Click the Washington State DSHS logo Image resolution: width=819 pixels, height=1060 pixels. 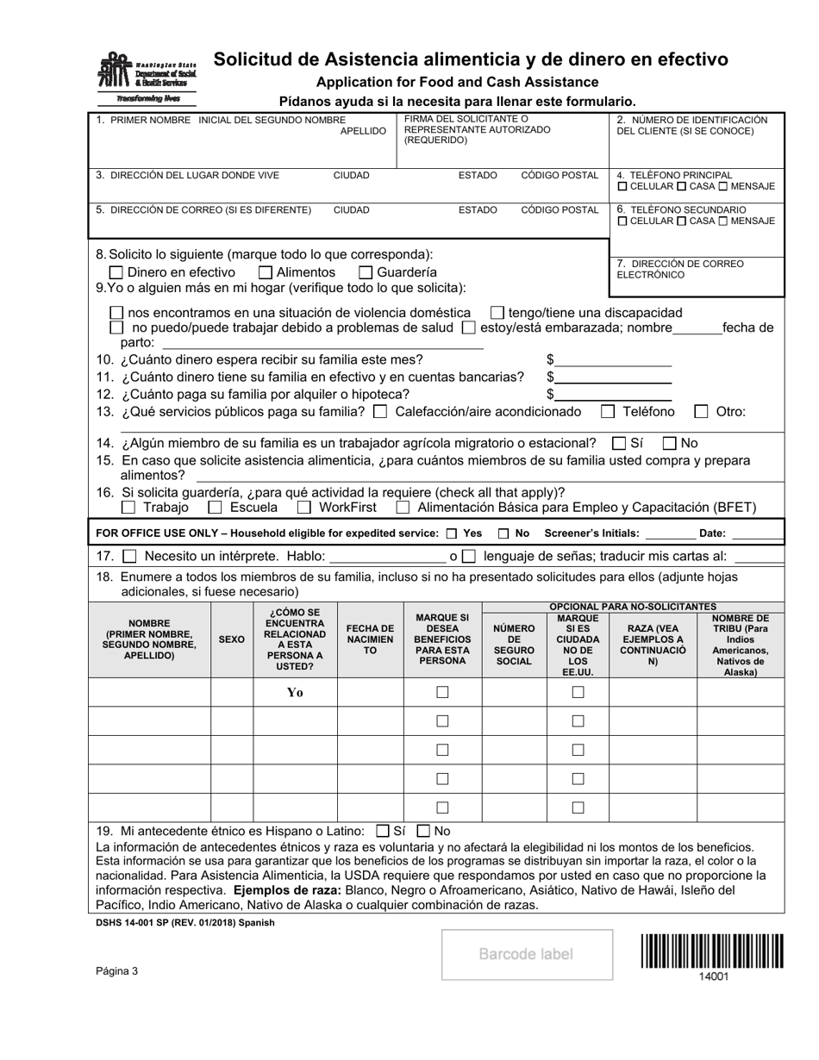(147, 74)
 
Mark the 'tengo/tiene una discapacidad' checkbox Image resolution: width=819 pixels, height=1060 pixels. (497, 312)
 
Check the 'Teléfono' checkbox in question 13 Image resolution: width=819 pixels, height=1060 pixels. (608, 411)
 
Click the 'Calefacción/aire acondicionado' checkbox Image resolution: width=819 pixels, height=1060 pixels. (380, 411)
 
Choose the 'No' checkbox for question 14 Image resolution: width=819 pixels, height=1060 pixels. (670, 443)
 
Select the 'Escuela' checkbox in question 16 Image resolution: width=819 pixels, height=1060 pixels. (216, 508)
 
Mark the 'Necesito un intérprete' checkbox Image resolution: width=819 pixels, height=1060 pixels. (129, 557)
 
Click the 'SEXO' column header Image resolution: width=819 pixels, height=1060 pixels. (231, 639)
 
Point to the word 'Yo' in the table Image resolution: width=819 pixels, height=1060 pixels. (295, 692)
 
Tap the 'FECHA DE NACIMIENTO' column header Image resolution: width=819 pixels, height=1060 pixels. (370, 639)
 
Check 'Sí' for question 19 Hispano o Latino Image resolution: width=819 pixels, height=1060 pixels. (383, 832)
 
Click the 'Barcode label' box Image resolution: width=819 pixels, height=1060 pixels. (526, 954)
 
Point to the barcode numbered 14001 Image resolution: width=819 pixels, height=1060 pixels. (712, 952)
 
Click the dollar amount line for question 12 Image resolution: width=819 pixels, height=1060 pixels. (613, 395)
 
